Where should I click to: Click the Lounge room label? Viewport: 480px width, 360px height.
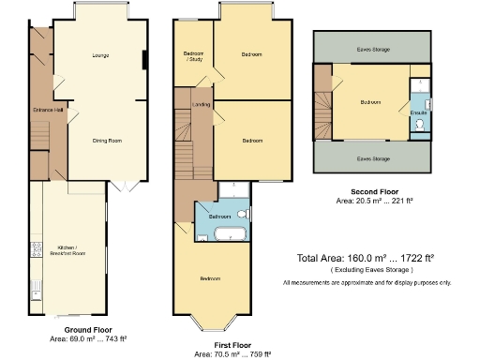point(99,56)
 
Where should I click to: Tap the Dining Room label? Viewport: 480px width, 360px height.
point(107,141)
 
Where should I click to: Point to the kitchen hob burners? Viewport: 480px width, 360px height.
point(37,250)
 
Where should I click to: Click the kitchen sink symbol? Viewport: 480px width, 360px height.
point(35,285)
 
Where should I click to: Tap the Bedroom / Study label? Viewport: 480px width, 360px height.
point(193,58)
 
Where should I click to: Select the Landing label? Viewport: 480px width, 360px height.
point(201,104)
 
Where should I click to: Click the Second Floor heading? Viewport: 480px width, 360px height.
point(373,191)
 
